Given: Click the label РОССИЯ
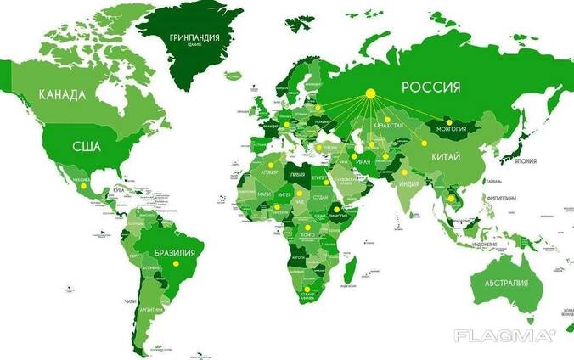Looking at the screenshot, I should coord(430,87).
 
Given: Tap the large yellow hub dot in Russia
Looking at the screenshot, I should coord(370,93).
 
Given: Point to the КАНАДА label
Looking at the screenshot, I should coord(62,94).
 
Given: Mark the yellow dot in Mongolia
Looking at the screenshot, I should coord(449,123).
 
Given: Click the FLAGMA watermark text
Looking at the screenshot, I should coord(504,335).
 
